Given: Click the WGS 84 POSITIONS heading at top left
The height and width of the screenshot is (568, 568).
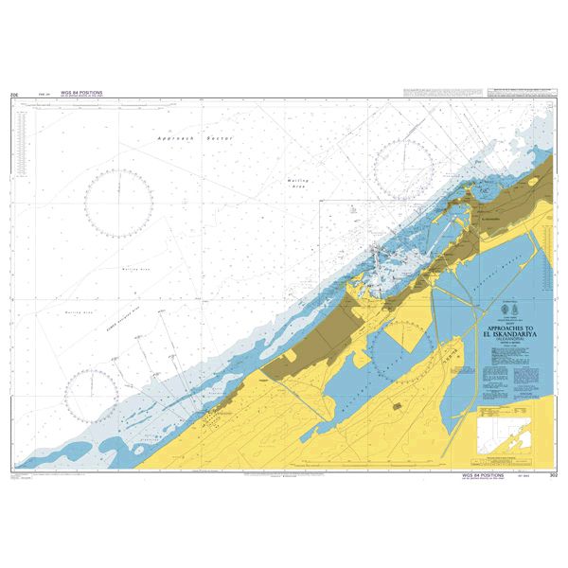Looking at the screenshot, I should click(x=80, y=93).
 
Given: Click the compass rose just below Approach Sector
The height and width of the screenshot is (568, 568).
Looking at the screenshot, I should click(x=119, y=202).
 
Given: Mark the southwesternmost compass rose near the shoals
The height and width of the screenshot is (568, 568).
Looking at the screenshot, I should click(x=92, y=393).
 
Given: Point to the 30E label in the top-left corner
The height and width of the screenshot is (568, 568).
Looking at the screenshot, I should click(x=13, y=96).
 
